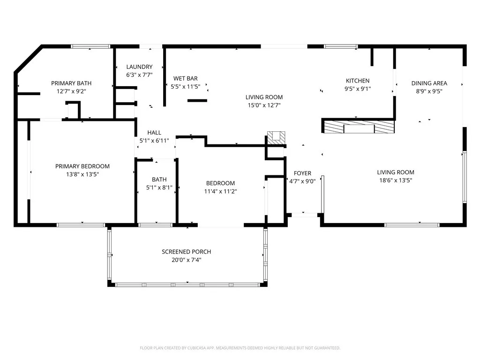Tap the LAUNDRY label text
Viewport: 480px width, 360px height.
(x=139, y=67)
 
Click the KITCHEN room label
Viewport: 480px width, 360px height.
(x=358, y=81)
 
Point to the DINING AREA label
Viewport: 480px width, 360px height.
(x=429, y=83)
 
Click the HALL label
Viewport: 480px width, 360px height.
(x=154, y=133)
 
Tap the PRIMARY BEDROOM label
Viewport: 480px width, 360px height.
(x=82, y=166)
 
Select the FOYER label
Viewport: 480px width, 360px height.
(x=302, y=173)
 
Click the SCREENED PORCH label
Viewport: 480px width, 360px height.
(x=186, y=252)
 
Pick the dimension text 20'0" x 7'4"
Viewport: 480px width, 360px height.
(x=186, y=260)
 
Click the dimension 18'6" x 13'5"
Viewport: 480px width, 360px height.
(x=396, y=180)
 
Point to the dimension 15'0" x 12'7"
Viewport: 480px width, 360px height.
(x=264, y=105)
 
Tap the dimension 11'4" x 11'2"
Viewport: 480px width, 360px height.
(x=220, y=191)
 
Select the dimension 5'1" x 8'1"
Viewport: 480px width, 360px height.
(x=159, y=187)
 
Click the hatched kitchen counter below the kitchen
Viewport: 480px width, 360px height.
(x=359, y=127)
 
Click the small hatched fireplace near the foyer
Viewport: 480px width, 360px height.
(x=276, y=137)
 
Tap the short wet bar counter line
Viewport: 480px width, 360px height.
(x=197, y=100)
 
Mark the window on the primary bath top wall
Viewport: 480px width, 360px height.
(x=90, y=46)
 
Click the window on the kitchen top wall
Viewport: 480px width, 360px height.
(x=341, y=46)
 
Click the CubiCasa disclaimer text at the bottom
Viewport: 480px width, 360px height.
(x=240, y=348)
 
